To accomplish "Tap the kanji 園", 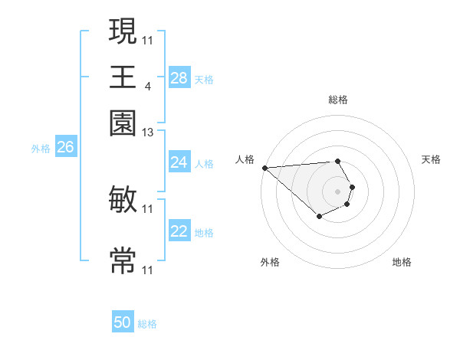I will (x=123, y=123).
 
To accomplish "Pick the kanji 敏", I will (x=123, y=201).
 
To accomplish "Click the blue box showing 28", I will (x=179, y=78).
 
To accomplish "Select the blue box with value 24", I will (x=179, y=162).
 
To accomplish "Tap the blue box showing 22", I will (x=179, y=232).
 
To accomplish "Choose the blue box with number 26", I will (x=65, y=148).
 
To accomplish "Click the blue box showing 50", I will (x=123, y=323).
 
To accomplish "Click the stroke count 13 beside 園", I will (x=148, y=133).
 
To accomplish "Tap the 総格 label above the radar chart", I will (x=338, y=100).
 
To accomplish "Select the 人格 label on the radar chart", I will (x=245, y=159).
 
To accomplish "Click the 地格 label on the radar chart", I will (x=402, y=262).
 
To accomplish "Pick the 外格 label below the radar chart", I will (x=270, y=262).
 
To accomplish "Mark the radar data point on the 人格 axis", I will (x=264, y=168).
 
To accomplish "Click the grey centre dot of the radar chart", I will (x=337, y=191).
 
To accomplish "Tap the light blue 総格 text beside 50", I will (x=147, y=324).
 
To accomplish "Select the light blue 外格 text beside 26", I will (x=41, y=149).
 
